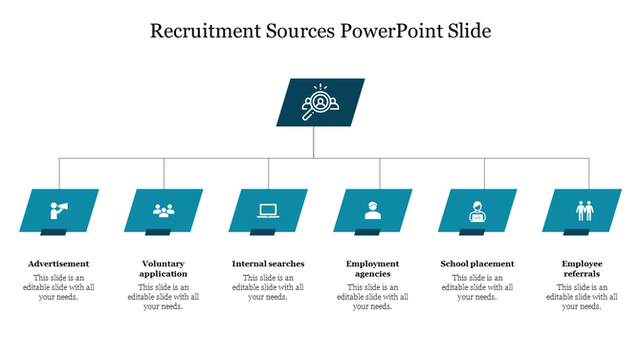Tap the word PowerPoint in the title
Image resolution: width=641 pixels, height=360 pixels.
point(389,32)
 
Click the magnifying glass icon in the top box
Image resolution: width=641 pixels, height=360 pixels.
point(320,102)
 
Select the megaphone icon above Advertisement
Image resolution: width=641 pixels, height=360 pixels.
point(59,210)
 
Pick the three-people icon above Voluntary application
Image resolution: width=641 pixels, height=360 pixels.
point(164,210)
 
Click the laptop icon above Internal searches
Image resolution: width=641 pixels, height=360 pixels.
point(268,210)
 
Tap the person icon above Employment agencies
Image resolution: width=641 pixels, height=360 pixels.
point(373,210)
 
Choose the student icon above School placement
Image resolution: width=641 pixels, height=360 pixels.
point(476,210)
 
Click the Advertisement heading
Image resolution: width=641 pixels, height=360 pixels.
point(58,263)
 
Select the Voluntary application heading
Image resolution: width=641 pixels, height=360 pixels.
point(164,268)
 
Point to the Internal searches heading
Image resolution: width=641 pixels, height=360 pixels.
point(268,263)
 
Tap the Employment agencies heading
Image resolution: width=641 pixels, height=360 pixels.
point(372,268)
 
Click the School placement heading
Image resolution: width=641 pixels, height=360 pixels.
point(476,263)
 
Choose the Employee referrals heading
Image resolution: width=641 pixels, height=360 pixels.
point(582,268)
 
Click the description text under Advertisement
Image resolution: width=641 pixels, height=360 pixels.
point(58,287)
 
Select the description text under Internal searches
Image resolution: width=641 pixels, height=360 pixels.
point(268,287)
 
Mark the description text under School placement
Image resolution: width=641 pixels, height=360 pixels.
point(476,287)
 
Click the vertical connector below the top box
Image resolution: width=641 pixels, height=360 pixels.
point(314,142)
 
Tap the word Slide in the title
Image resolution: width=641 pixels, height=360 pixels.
point(469,32)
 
